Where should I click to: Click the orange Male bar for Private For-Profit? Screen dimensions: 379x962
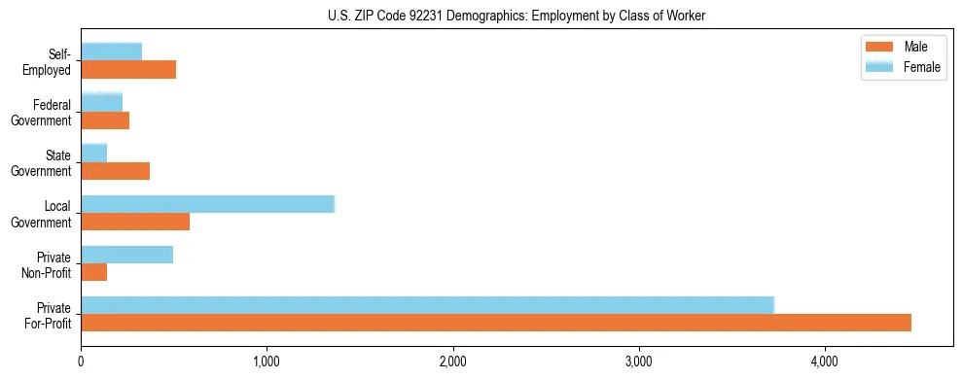495,323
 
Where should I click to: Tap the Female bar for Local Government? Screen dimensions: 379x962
207,204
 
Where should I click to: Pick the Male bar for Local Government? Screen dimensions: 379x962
135,222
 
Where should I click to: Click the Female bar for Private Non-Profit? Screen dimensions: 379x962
126,255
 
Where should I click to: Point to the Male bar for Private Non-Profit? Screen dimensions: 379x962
93,272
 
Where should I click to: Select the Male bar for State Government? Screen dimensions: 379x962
115,171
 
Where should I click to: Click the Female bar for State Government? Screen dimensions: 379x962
93,154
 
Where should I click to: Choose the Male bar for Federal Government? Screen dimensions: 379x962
105,121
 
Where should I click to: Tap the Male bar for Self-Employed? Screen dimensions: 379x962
128,70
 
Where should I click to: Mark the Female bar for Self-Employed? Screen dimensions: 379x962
111,52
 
